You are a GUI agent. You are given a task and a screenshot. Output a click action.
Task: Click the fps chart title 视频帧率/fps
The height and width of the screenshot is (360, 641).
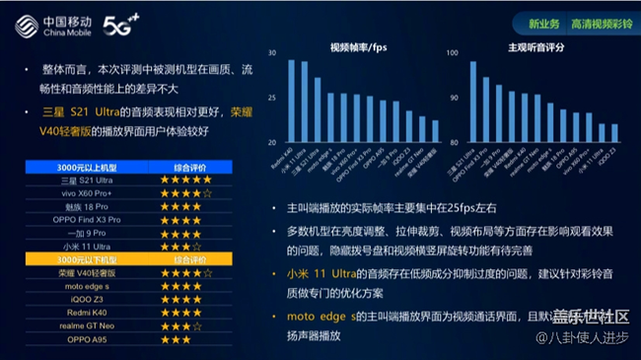point(358,46)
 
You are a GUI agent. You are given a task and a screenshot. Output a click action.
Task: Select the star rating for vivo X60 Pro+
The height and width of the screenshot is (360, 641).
point(187,193)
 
